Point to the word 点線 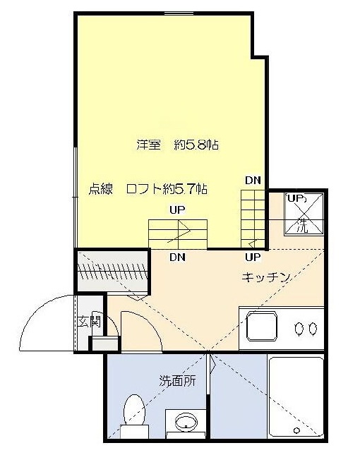pos(102,188)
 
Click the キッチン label pos(267,277)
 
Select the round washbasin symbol pos(186,423)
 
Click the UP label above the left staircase pos(177,210)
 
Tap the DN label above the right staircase pos(252,180)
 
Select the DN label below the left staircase pos(177,257)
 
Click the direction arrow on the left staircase pos(180,232)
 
